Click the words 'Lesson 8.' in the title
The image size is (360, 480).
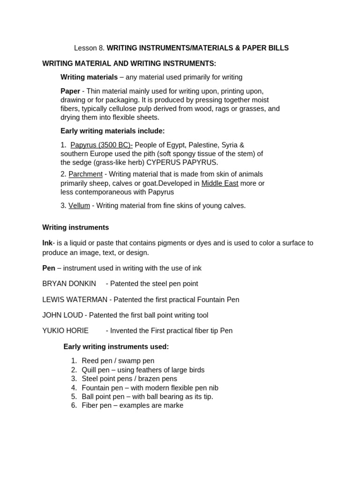pyautogui.click(x=89, y=48)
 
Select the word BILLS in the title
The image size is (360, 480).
pyautogui.click(x=277, y=48)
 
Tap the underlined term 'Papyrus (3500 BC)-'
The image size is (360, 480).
pyautogui.click(x=101, y=145)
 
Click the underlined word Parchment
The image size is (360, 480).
pyautogui.click(x=85, y=174)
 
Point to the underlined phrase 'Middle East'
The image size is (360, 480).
pyautogui.click(x=220, y=183)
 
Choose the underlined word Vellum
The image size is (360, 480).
pyautogui.click(x=79, y=206)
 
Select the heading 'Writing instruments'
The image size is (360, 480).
pyautogui.click(x=75, y=227)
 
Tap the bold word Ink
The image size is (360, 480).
pyautogui.click(x=47, y=243)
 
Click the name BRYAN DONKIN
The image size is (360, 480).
pyautogui.click(x=69, y=284)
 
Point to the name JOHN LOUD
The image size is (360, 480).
pyautogui.click(x=62, y=315)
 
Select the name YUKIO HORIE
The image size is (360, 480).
pyautogui.click(x=65, y=331)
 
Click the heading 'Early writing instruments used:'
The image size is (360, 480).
pyautogui.click(x=116, y=347)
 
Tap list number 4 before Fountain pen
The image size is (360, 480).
pyautogui.click(x=74, y=388)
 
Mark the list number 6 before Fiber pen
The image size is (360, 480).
pyautogui.click(x=74, y=405)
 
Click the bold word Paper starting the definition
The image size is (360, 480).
pyautogui.click(x=70, y=91)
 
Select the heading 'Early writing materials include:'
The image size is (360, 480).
pyautogui.click(x=112, y=131)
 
